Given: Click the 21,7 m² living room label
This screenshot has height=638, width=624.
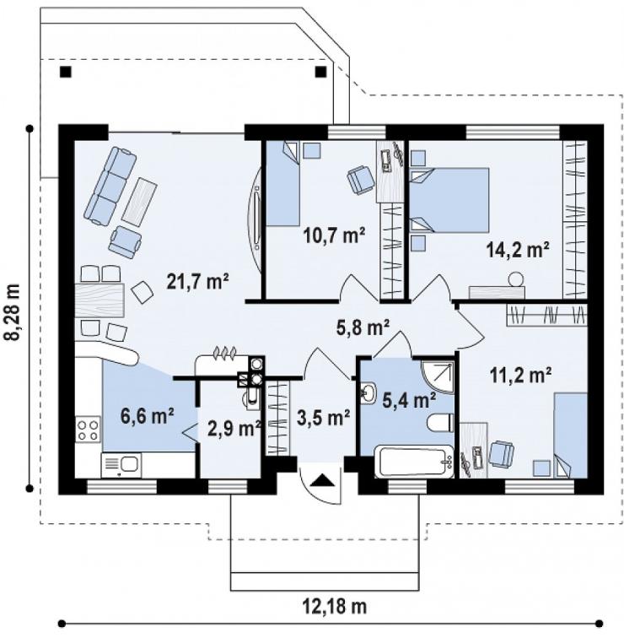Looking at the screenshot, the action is (x=198, y=282).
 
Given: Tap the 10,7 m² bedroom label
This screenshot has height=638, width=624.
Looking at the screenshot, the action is (x=334, y=235).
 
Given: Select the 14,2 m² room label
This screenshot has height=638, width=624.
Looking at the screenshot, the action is (x=518, y=250).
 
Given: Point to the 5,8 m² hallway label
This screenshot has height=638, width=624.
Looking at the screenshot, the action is (x=363, y=327).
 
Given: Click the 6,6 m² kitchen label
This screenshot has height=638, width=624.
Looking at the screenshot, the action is (x=148, y=416).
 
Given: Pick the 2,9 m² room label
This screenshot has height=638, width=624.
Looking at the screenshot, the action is (x=234, y=429).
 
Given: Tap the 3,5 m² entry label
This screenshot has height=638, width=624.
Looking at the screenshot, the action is (x=324, y=417).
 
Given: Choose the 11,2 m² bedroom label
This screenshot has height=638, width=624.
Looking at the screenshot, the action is (x=520, y=376).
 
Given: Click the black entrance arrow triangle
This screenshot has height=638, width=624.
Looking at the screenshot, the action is (x=323, y=480).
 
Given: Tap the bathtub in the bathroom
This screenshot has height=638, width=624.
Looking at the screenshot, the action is (x=414, y=462).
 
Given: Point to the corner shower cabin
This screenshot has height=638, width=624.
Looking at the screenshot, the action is (x=438, y=376).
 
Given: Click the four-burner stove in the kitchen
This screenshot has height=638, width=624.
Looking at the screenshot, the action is (x=89, y=430).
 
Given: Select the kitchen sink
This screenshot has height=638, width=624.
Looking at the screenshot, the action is (x=121, y=465).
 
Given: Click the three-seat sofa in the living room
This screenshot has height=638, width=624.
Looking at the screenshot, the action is (x=110, y=186).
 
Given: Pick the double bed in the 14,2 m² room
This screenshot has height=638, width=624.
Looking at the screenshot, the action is (x=449, y=200).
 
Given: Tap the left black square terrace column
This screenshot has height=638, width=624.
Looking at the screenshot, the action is (x=66, y=72).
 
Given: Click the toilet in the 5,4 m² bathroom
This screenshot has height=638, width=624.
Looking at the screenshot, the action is (x=440, y=423).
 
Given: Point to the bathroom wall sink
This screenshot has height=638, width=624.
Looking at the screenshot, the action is (x=369, y=393).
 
